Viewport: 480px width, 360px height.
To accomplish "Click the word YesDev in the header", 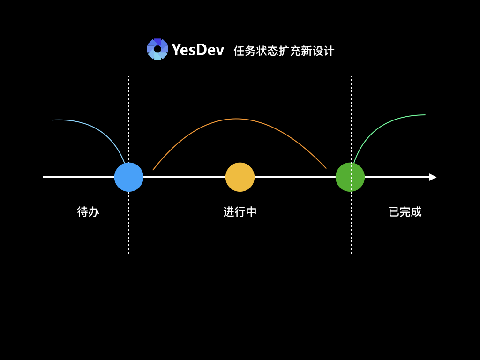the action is [x=198, y=50].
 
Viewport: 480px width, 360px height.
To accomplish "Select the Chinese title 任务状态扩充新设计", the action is [x=284, y=51].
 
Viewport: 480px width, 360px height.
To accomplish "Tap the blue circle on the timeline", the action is [x=129, y=177].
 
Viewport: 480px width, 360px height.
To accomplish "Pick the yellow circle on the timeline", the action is [x=240, y=177].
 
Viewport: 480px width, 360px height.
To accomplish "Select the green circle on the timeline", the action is [x=350, y=177].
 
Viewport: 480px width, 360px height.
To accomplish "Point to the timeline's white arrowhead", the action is [x=432, y=177].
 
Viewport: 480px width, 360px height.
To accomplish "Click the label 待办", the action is [x=88, y=212].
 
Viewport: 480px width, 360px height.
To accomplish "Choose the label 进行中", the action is [x=240, y=212].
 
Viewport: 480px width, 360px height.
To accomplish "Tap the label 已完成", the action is [x=405, y=212].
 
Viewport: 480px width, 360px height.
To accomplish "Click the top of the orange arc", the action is [x=236, y=119].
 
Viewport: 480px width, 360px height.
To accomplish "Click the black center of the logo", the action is [x=157, y=49].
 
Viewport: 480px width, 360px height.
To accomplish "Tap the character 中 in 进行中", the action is [x=251, y=212].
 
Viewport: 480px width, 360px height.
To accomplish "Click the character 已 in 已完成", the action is [x=394, y=212].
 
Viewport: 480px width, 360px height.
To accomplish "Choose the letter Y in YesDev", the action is [x=176, y=50].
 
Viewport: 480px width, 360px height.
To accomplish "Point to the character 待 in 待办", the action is [x=82, y=212].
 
